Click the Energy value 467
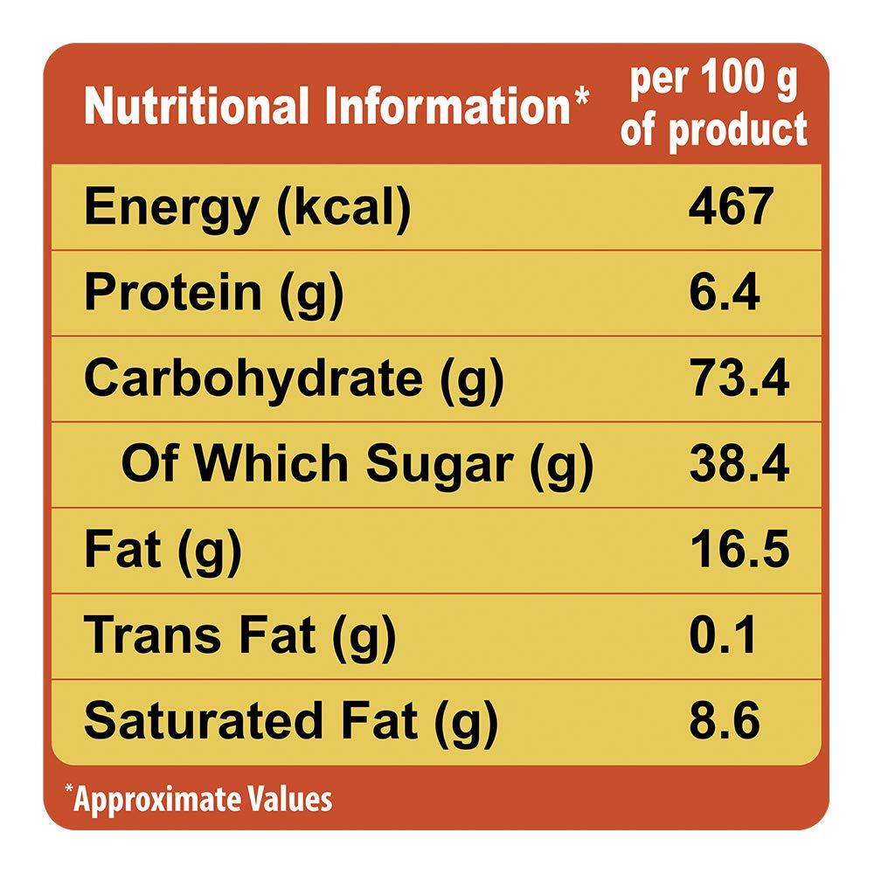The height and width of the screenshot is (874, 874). tap(731, 207)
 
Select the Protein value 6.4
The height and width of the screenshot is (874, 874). tap(724, 293)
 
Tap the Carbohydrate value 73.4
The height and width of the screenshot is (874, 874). tap(739, 378)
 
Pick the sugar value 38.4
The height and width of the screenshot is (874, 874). tap(739, 464)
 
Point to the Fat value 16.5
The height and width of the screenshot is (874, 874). tap(739, 550)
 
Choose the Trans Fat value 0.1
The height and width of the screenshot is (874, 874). tap(723, 635)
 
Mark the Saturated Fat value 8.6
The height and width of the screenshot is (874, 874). tap(725, 721)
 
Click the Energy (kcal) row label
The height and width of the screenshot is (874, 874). tap(246, 209)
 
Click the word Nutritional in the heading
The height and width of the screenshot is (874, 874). tap(198, 107)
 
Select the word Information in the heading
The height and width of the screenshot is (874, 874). tap(444, 107)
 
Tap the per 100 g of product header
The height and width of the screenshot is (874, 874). tap(713, 107)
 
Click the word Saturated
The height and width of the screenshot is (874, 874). tap(209, 721)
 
